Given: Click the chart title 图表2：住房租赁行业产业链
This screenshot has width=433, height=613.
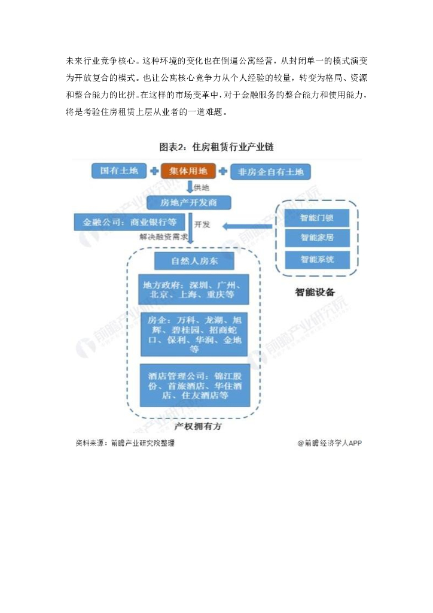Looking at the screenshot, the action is (x=216, y=147).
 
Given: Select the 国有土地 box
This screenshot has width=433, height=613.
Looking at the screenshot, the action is (x=119, y=171).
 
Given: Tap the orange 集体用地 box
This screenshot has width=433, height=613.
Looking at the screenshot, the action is (x=187, y=171).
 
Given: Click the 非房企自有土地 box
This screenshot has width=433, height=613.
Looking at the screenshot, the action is (x=270, y=172).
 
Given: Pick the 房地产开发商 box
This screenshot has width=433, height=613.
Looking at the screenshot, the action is (x=189, y=202).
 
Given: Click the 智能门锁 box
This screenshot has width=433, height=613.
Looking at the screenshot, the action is (x=317, y=216).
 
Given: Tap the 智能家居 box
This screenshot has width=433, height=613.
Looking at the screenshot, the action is (x=317, y=238).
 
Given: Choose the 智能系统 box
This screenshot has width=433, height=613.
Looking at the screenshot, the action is (x=317, y=259).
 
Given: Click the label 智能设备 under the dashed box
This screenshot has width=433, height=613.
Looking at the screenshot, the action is (x=315, y=293).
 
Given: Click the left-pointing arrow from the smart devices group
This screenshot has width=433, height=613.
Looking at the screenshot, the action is (x=248, y=226).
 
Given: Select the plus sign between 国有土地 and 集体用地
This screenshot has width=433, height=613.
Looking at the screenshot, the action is (x=153, y=171).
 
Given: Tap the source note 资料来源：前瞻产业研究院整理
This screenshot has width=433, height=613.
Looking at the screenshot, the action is (x=125, y=444).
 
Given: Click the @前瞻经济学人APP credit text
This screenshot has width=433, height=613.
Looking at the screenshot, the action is (x=330, y=444).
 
